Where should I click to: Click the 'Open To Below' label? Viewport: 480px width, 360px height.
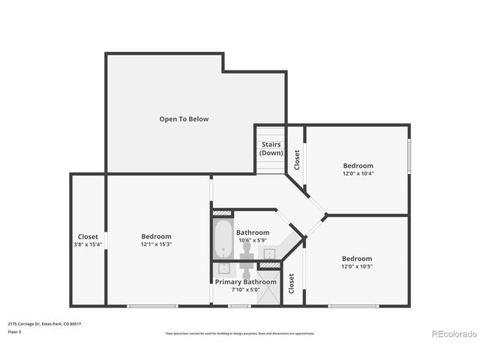(184, 118)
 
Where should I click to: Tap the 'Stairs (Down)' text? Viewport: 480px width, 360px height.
(271, 148)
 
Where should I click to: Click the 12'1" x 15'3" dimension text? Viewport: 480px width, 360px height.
(156, 244)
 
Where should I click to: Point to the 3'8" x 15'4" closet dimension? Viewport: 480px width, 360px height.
(88, 244)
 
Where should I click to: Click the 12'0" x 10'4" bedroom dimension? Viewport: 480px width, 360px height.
(358, 173)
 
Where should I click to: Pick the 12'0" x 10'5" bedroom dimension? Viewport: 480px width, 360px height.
(357, 266)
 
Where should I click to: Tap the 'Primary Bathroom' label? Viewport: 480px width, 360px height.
(245, 282)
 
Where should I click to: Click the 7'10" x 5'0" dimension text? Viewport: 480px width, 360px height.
(245, 289)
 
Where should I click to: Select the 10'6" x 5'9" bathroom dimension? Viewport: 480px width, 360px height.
(253, 240)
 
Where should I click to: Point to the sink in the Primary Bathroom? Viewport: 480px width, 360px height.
(223, 268)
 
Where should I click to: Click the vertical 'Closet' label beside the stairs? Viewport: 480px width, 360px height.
(297, 160)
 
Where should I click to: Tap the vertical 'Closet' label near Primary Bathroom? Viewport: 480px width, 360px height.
(292, 281)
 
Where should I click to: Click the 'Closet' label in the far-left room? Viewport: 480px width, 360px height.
(88, 236)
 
